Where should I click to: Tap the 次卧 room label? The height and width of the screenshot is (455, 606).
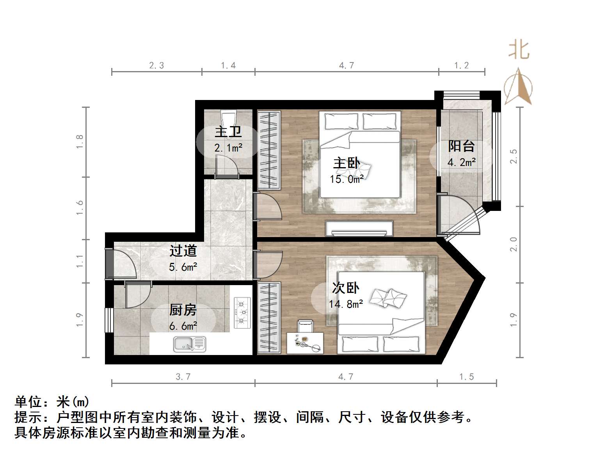click(x=345, y=288)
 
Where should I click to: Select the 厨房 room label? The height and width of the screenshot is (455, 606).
click(x=183, y=310)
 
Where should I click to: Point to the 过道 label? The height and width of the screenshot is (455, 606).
click(x=183, y=251)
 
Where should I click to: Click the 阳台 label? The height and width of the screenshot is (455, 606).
click(x=461, y=146)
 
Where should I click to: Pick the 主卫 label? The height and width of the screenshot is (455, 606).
click(x=228, y=132)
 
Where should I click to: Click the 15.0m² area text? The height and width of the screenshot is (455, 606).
click(x=347, y=179)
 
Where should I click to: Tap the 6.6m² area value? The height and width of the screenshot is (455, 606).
click(x=183, y=326)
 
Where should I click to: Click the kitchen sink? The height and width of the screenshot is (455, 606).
click(x=190, y=344)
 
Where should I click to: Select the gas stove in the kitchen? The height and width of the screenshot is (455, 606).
click(x=242, y=312)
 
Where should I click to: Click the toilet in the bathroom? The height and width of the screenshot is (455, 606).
click(x=228, y=117)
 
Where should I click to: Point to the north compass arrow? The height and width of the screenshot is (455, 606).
click(x=518, y=87)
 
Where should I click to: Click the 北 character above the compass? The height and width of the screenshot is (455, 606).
click(x=519, y=50)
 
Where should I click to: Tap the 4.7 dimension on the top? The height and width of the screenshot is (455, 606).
click(x=347, y=66)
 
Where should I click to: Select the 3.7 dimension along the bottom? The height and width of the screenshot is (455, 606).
click(x=183, y=377)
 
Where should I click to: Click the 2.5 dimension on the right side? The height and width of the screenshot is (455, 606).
click(x=514, y=156)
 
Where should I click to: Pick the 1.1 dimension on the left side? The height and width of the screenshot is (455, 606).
click(x=80, y=261)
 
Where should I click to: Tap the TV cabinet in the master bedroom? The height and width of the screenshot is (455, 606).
click(x=359, y=228)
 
